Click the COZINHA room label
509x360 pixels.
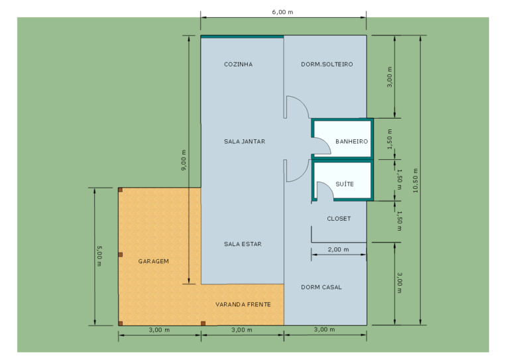[x=239, y=64]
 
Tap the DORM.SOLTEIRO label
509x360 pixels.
[x=327, y=64]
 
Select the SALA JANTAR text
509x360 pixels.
[x=245, y=141]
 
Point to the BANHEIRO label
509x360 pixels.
[x=351, y=141]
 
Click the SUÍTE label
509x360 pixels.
[x=345, y=184]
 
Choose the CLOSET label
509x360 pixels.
[x=339, y=219]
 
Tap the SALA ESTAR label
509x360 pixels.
[x=243, y=244]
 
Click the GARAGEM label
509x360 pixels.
[x=154, y=261]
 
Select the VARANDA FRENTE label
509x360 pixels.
[x=243, y=304]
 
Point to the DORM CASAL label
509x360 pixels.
[x=321, y=287]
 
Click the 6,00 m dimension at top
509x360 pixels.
[x=282, y=12]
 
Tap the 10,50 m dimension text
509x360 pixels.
[x=416, y=180]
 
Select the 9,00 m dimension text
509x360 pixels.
[x=184, y=160]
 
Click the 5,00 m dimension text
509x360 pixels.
[x=99, y=256]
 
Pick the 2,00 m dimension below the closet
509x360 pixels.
[x=338, y=249]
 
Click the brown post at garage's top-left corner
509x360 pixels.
[x=120, y=190]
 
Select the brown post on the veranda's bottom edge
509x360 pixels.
[x=203, y=324]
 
